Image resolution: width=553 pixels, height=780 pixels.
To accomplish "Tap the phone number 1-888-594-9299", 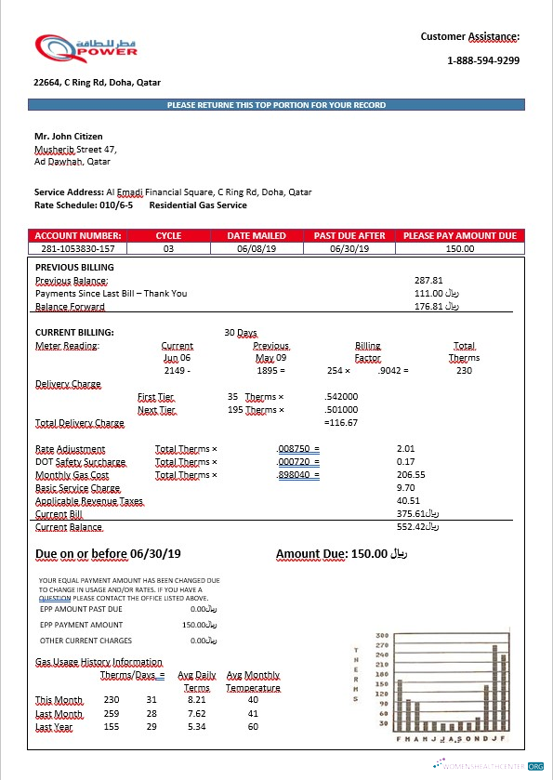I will (482, 60).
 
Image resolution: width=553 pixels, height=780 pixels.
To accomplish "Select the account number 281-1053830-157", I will (78, 248).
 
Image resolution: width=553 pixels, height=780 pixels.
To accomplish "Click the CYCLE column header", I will (168, 236).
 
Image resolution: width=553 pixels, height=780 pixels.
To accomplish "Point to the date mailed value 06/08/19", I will (257, 248).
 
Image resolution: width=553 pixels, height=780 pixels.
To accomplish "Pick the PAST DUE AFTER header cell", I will (349, 236).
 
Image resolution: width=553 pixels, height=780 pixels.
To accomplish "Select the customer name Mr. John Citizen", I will (69, 137).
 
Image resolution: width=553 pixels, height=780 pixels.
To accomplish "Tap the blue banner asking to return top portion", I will (276, 105).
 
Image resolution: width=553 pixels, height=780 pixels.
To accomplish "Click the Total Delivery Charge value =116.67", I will (340, 423).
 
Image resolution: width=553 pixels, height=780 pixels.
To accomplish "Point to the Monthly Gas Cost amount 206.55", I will (410, 474).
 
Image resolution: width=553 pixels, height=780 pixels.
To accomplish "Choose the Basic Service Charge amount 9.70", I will (405, 487).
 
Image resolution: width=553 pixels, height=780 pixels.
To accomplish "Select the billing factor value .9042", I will (391, 371).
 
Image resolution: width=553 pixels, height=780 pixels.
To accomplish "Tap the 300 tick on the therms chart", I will (382, 635).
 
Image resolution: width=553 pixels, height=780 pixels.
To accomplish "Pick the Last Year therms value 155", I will (112, 727).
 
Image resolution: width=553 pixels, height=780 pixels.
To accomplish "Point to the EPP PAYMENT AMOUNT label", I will (81, 625).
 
